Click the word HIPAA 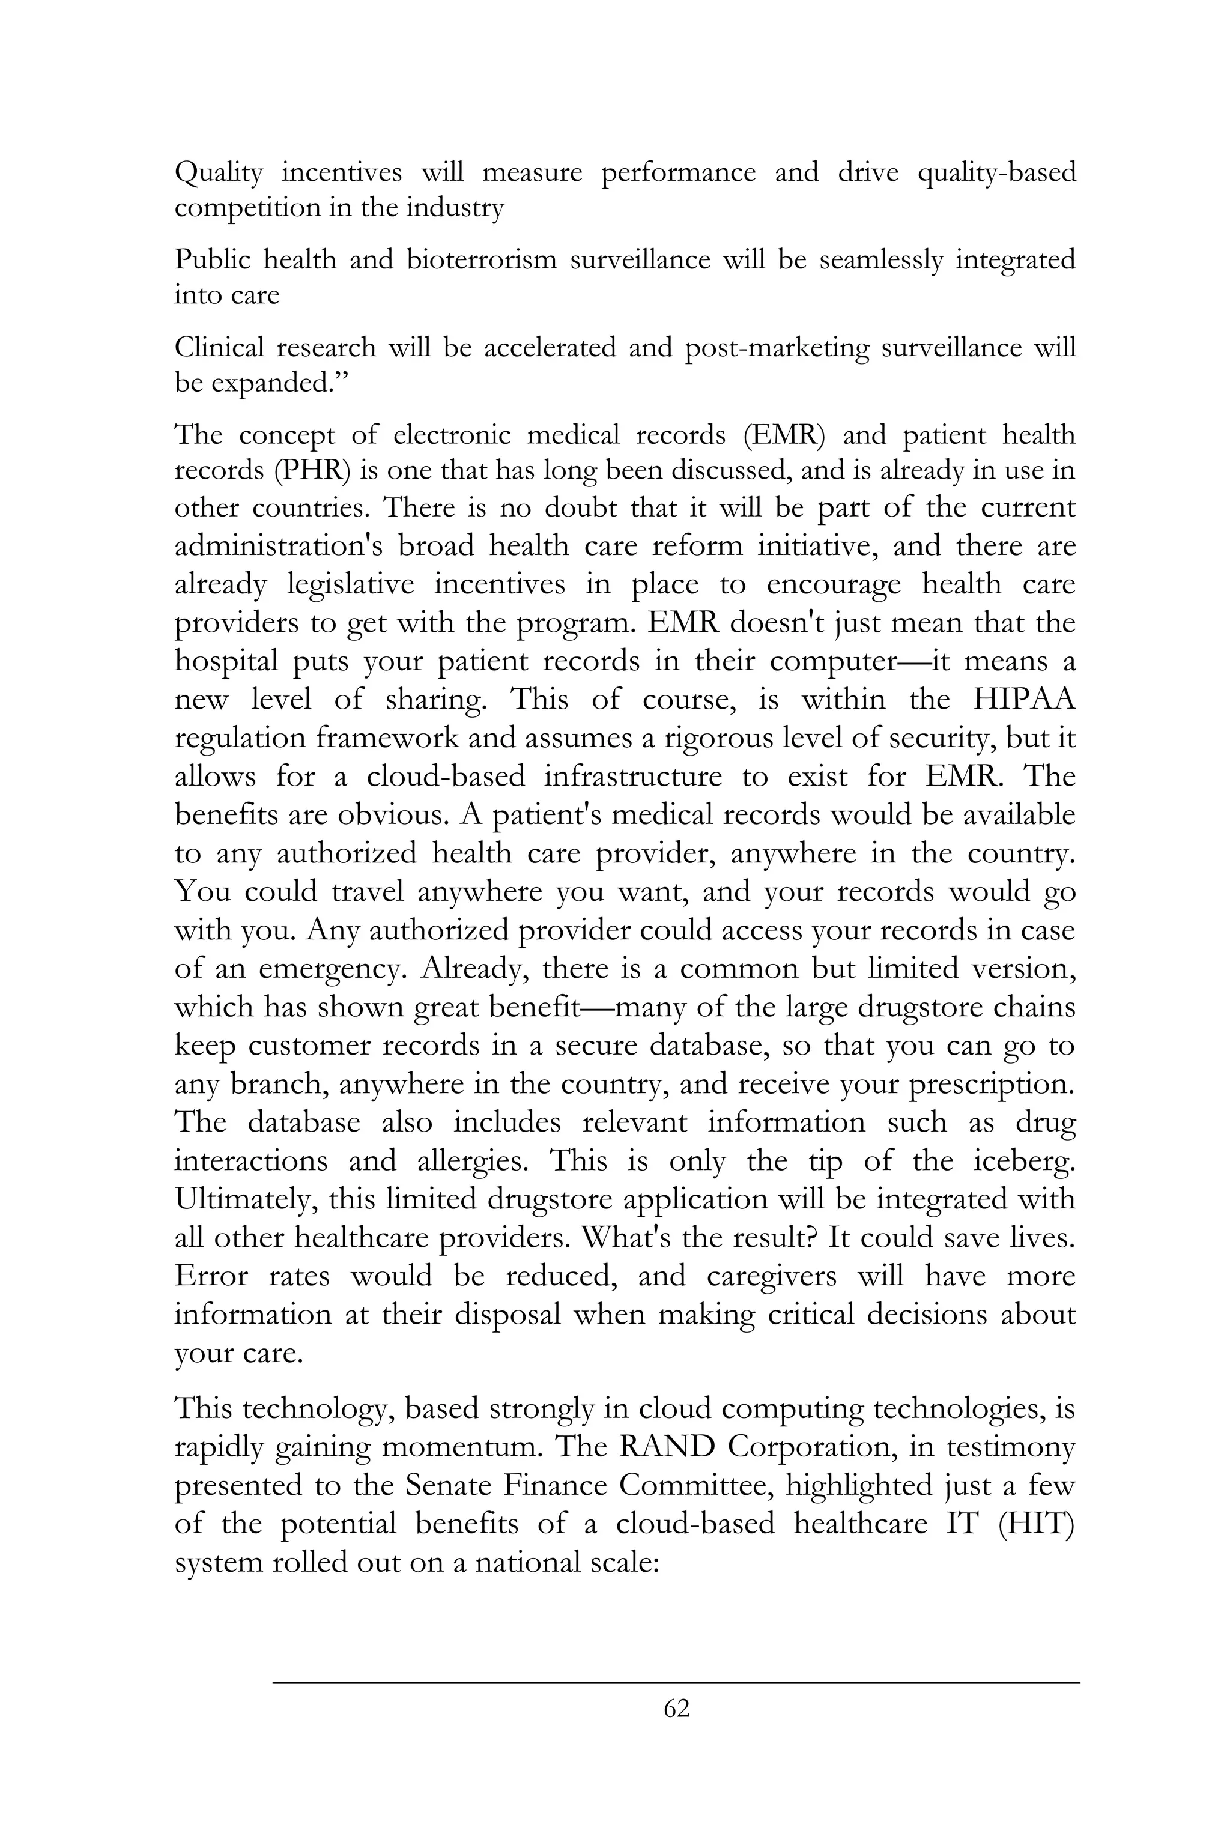tap(1023, 699)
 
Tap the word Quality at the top tap(218, 172)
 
